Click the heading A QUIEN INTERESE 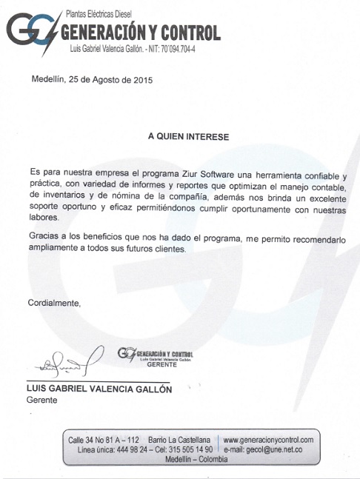click(188, 137)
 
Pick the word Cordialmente click(54, 303)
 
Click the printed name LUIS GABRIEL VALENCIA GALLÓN click(99, 389)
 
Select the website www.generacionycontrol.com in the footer click(268, 440)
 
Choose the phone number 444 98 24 click(127, 449)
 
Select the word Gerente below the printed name click(41, 400)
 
